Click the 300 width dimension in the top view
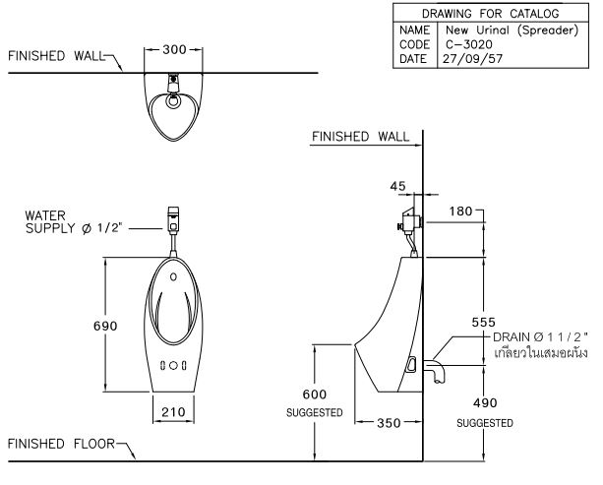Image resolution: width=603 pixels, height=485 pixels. coord(174,49)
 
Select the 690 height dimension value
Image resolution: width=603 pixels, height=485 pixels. coord(105,326)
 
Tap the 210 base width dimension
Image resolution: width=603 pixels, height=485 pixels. coord(173,412)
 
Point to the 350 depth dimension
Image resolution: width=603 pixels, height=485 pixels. coord(389,423)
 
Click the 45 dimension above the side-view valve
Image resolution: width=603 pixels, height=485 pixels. coord(397,186)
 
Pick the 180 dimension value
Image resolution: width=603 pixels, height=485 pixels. coord(460,212)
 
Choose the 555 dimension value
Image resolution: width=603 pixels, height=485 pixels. coord(483,322)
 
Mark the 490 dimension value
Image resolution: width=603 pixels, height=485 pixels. coord(485,402)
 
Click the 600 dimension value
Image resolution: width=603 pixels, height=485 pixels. coord(314,394)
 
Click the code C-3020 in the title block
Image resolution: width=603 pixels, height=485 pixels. coord(469,44)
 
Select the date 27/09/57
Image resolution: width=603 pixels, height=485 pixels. coord(472,59)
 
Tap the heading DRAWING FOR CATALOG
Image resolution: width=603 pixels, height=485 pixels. coord(490,14)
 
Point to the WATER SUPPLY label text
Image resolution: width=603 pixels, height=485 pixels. coord(73,222)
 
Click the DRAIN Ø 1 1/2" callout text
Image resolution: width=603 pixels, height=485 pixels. coord(540,337)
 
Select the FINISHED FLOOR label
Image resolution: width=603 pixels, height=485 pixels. coord(61,444)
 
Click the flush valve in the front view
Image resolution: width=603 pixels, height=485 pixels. coord(173,219)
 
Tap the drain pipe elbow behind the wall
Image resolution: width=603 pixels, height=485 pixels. coord(435,370)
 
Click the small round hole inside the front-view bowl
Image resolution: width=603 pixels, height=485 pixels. coord(173,276)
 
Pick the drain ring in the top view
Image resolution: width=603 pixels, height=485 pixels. coord(173,101)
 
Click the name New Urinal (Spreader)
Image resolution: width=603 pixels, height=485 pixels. coord(512,30)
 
